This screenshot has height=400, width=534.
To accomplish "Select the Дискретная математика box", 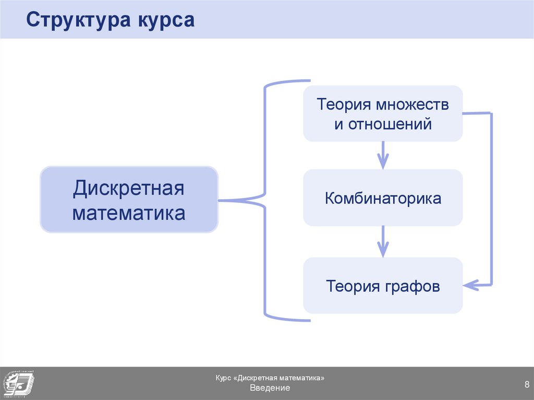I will tap(129, 199).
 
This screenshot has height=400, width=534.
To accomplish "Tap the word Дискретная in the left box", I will tap(129, 187).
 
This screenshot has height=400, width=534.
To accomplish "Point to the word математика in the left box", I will tap(129, 213).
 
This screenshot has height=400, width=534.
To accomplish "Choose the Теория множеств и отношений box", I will tap(383, 114).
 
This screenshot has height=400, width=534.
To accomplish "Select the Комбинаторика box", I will tap(383, 198).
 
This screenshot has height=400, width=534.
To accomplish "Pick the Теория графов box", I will tap(383, 286).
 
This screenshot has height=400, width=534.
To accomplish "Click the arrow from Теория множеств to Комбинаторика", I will tap(383, 155).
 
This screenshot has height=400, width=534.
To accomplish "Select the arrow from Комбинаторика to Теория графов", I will tap(383, 241).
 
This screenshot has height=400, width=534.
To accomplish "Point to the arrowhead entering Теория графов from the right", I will tap(470, 285).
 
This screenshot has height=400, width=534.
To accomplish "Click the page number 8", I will tap(527, 385).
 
